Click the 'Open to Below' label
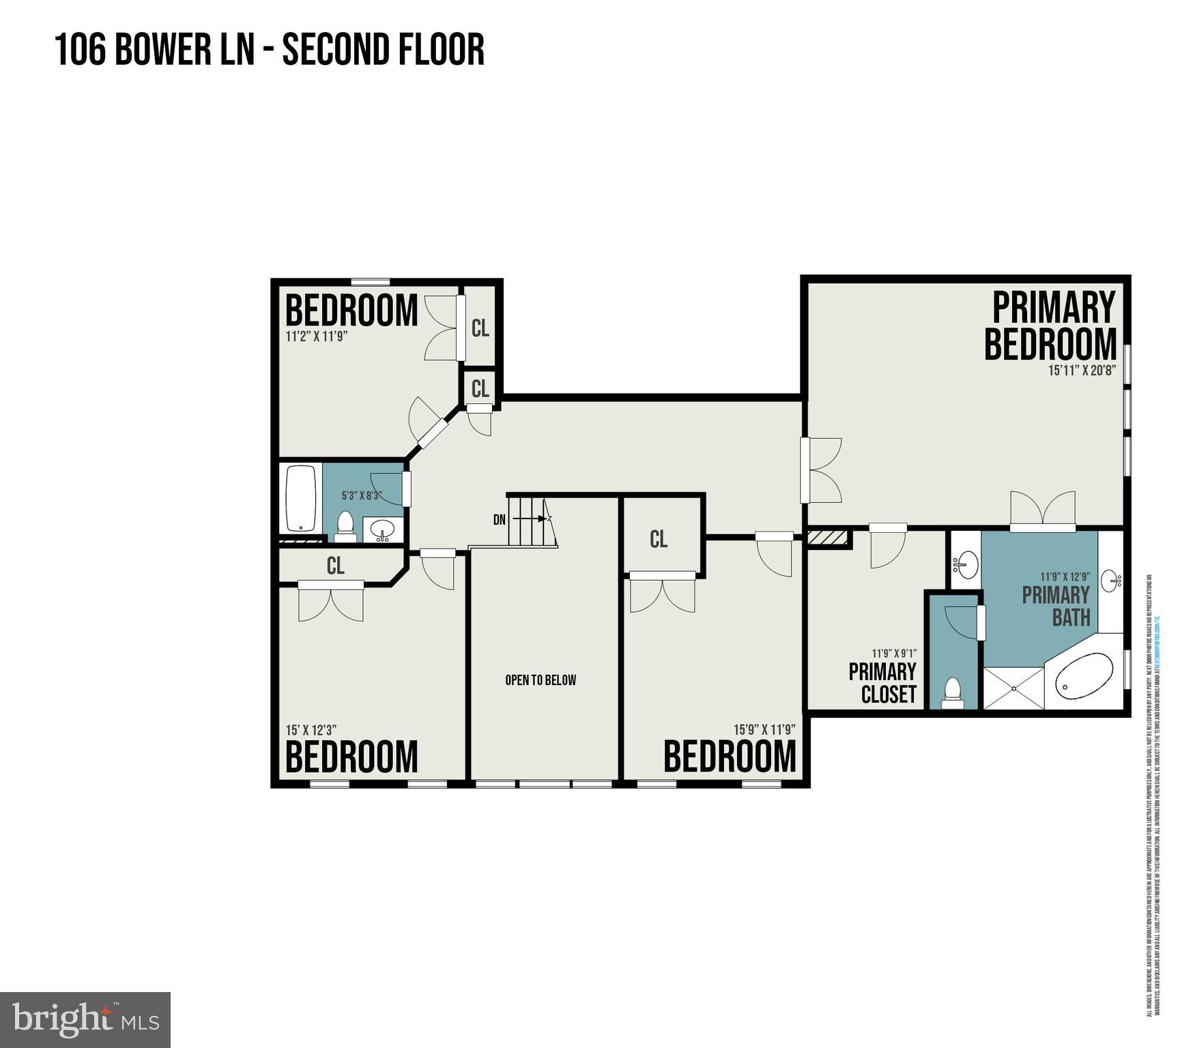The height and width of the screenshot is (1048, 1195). coord(541,680)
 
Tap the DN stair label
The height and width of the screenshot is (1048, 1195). coord(500,520)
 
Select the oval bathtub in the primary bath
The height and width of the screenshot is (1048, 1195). coord(1084,675)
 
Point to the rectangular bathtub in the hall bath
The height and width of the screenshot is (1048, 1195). coord(301,498)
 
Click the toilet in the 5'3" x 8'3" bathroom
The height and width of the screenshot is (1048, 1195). coord(346,525)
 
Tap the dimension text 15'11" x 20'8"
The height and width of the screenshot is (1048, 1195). coord(1082,371)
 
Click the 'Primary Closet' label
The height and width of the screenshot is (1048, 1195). coord(882,682)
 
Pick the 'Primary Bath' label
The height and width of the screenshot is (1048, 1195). coord(1056,606)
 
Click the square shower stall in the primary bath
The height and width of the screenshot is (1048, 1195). coord(1013,688)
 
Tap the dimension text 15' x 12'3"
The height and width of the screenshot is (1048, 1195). coord(311,730)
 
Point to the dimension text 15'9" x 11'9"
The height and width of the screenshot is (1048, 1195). coord(764,729)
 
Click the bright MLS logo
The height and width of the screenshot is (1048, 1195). coord(85,1019)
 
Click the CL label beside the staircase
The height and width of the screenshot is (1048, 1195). coord(659,540)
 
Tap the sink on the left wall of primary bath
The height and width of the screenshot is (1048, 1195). coord(964,564)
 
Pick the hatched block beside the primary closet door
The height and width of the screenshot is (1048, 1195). coord(828,538)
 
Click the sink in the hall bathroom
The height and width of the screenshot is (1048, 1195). coord(382,529)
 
